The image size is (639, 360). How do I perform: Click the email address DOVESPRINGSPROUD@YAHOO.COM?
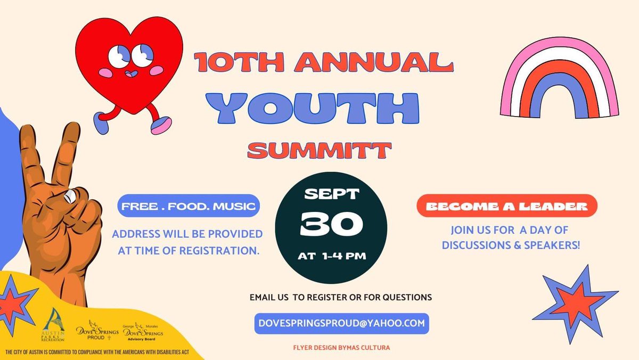tap(341, 323)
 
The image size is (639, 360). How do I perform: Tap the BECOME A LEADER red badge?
tap(506, 206)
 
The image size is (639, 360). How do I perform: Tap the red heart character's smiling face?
tap(130, 59)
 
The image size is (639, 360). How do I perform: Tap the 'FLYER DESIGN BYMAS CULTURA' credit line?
tap(341, 348)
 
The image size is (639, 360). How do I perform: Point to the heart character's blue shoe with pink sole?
tap(160, 126)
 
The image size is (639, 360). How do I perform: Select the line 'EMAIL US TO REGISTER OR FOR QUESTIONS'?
tap(340, 297)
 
